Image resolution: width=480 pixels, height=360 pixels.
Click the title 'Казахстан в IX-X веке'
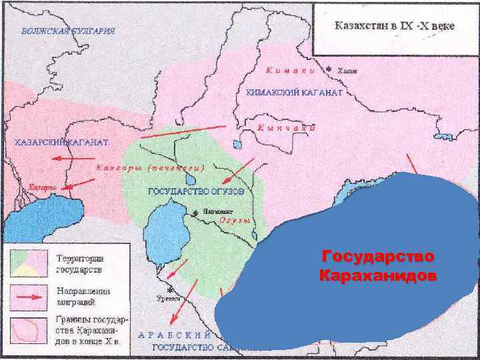(x=395, y=26)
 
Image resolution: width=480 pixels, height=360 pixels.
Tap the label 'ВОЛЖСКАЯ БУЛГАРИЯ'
(x=68, y=31)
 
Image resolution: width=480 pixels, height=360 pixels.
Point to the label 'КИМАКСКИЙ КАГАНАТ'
(x=294, y=93)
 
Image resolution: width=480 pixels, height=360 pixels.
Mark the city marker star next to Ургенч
(x=171, y=289)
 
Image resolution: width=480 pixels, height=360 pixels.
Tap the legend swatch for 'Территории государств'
(x=27, y=261)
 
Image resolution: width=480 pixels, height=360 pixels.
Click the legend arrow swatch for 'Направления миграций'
(x=27, y=295)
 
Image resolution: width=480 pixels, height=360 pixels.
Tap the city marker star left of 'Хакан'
(x=328, y=69)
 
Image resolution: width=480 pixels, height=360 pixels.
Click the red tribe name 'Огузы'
(x=234, y=219)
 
